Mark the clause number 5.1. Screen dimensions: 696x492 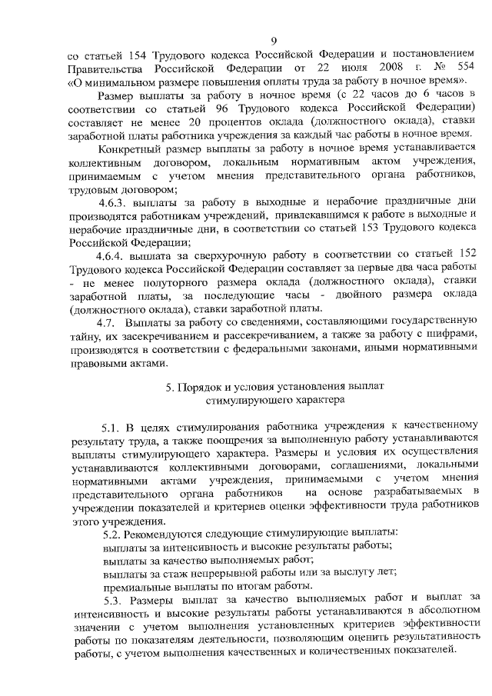point(113,425)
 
